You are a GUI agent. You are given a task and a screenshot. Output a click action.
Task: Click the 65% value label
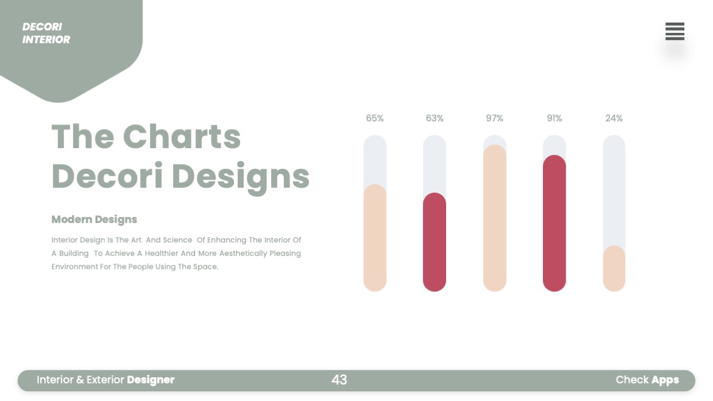tap(375, 118)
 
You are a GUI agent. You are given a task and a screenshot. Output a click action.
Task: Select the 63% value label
tap(435, 118)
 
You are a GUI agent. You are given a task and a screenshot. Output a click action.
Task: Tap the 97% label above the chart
tap(494, 118)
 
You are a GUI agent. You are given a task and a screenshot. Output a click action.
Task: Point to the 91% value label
tap(554, 118)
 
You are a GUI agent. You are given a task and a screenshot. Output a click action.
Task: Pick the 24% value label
tap(614, 118)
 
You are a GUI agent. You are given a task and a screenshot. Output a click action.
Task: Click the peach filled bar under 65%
tap(375, 238)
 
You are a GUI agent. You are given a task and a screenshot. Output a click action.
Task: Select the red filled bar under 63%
tap(435, 242)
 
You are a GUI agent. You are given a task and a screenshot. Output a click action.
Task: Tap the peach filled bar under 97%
tap(494, 218)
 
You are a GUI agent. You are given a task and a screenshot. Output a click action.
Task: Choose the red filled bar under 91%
tap(554, 223)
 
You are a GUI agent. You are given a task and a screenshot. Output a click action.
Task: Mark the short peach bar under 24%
tap(614, 269)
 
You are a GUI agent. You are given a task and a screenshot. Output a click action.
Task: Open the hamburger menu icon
tap(675, 31)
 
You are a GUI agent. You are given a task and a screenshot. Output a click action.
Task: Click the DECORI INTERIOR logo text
tap(46, 33)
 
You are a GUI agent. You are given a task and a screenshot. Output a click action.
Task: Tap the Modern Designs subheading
tap(94, 219)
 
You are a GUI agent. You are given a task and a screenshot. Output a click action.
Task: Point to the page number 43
tap(339, 380)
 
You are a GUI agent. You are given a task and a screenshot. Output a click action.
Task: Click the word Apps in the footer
tap(665, 380)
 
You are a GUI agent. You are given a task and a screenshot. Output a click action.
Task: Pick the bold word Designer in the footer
tap(151, 380)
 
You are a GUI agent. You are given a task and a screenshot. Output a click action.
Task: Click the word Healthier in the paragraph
tap(161, 254)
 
